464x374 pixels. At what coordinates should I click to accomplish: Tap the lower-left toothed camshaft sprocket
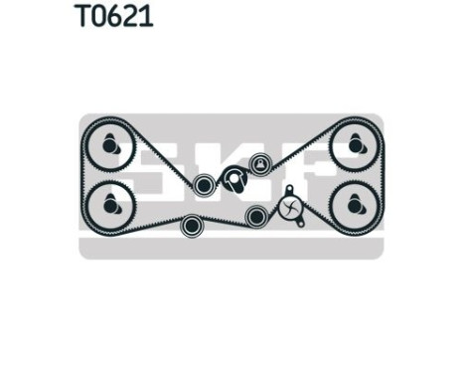point(109,204)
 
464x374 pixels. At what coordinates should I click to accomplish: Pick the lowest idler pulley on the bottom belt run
point(192,226)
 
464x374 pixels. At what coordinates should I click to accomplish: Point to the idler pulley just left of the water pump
point(255,215)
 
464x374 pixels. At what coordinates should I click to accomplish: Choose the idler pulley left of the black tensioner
point(204,184)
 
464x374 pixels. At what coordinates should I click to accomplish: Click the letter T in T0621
point(81,17)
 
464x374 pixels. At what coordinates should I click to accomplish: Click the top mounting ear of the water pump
point(288,188)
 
